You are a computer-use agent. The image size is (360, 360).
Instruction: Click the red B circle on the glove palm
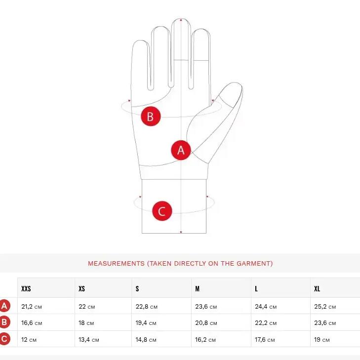point(151,116)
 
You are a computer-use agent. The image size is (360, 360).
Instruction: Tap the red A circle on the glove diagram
point(181,150)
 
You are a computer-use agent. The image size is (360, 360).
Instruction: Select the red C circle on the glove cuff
point(162,211)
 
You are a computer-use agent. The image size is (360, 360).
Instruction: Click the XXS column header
point(26,288)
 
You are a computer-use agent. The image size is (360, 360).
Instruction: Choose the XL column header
point(317,288)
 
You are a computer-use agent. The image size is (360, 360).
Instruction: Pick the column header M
point(197,288)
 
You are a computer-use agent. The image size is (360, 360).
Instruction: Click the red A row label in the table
point(4,306)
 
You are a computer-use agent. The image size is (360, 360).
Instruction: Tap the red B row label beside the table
point(4,322)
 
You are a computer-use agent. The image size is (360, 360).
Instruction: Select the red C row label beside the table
point(4,339)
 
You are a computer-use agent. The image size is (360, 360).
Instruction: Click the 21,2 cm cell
point(32,307)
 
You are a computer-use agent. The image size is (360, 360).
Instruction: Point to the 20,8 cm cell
point(206,323)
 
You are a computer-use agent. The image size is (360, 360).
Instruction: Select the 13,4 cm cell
point(88,340)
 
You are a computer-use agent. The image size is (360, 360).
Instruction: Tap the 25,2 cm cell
point(325,307)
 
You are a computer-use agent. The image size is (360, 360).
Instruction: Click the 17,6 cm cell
point(265,340)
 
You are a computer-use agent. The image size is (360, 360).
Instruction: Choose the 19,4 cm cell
point(146,323)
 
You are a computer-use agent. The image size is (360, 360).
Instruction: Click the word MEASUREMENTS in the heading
point(116,263)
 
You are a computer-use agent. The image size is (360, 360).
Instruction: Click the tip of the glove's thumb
point(239,84)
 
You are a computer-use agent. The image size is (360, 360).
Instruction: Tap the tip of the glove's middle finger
point(181,18)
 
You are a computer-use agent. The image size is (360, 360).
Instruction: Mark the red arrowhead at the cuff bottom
point(181,232)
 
